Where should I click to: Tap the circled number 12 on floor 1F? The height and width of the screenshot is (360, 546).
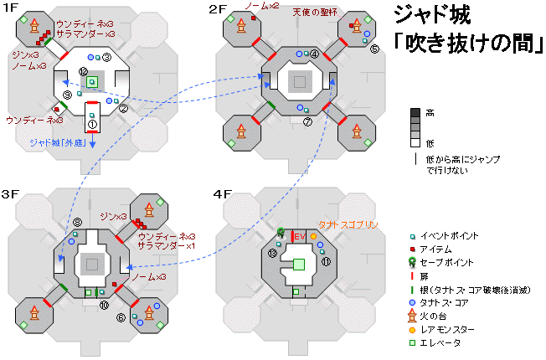(x=83, y=72)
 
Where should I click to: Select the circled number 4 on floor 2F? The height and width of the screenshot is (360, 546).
(x=315, y=54)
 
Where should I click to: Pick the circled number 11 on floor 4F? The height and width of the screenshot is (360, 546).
(x=326, y=261)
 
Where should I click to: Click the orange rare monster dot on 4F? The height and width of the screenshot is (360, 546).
(x=314, y=236)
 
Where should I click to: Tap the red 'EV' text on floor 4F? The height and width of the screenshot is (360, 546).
(x=298, y=238)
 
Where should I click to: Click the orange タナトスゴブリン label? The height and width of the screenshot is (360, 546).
(x=348, y=225)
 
